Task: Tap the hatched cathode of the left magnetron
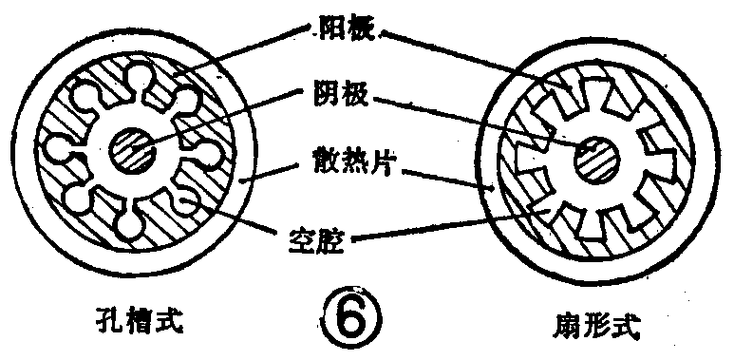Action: (133, 148)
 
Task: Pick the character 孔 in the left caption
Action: (114, 320)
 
